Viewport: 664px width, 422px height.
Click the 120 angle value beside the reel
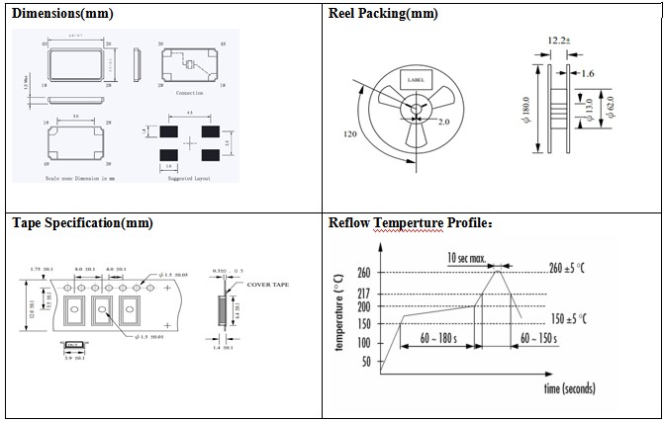click(349, 132)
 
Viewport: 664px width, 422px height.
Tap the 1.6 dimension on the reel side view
click(589, 72)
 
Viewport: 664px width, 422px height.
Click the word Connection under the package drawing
click(190, 92)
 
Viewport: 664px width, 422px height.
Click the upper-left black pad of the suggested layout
click(169, 129)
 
